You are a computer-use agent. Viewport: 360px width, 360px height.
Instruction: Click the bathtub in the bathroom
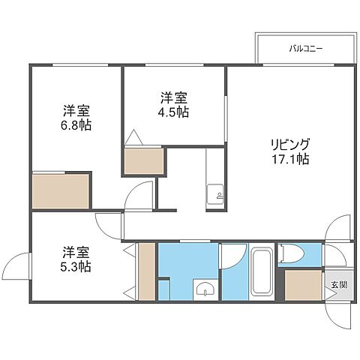click(261, 271)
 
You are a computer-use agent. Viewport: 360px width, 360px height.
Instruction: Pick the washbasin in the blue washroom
click(203, 289)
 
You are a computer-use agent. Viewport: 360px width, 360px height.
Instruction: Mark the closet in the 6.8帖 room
click(61, 191)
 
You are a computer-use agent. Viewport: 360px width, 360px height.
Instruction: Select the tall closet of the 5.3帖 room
click(146, 271)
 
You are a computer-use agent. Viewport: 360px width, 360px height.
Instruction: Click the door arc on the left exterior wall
click(15, 264)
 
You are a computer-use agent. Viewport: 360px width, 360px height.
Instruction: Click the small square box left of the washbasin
click(164, 289)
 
